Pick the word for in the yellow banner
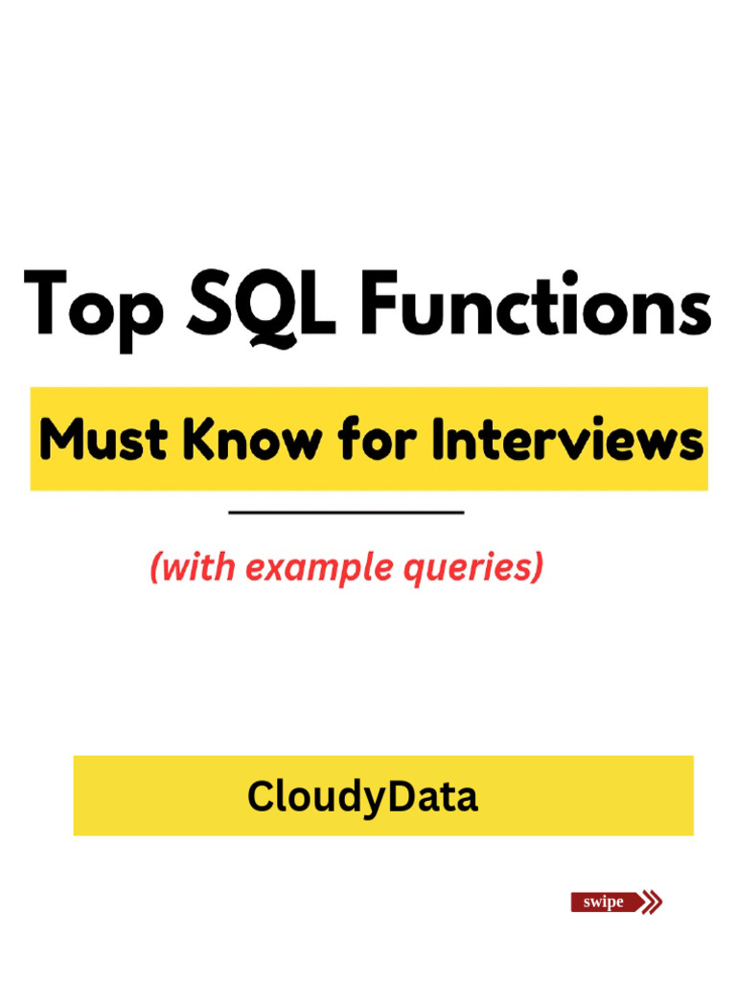(x=370, y=442)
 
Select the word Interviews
(x=565, y=442)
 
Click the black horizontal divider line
(x=346, y=513)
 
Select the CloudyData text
(x=362, y=797)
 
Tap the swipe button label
(x=604, y=902)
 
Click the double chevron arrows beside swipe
(x=652, y=902)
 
